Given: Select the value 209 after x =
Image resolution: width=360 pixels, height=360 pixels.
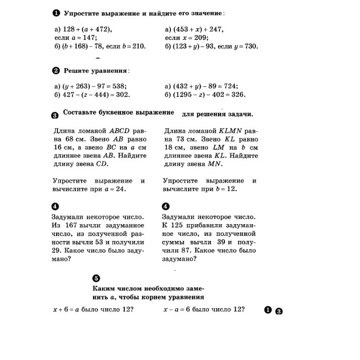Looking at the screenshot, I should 201,37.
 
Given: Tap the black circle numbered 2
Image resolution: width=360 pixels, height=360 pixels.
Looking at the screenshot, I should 55,71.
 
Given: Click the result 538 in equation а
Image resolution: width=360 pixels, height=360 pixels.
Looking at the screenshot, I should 120,86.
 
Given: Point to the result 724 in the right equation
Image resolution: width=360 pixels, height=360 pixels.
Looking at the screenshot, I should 230,86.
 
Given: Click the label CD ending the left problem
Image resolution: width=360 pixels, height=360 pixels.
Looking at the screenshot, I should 102,164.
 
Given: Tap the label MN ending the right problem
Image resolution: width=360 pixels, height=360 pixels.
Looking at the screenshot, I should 216,164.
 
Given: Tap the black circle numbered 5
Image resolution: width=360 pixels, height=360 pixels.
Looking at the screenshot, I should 96,278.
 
